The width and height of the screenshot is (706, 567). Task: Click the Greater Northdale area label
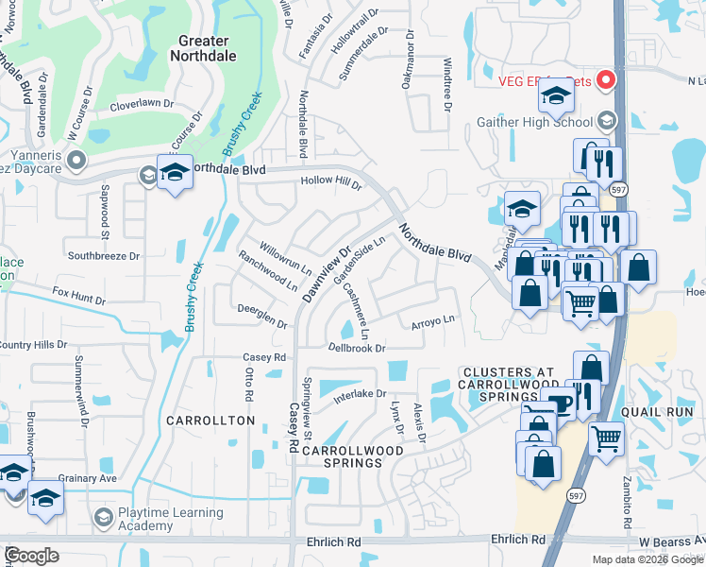(x=203, y=48)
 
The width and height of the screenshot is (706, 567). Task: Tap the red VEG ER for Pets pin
(x=605, y=81)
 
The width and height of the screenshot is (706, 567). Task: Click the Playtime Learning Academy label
(x=171, y=519)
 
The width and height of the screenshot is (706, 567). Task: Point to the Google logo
(x=32, y=555)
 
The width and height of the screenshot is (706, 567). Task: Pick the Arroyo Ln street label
(x=432, y=321)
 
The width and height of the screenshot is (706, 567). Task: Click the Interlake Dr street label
(x=360, y=394)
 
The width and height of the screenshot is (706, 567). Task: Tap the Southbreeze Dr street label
(x=103, y=255)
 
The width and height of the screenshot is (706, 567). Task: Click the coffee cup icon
(x=563, y=404)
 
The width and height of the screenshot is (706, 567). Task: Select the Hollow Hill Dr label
(x=331, y=181)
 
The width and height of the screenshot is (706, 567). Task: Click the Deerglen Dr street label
(x=261, y=317)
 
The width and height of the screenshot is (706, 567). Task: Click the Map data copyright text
(x=647, y=559)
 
